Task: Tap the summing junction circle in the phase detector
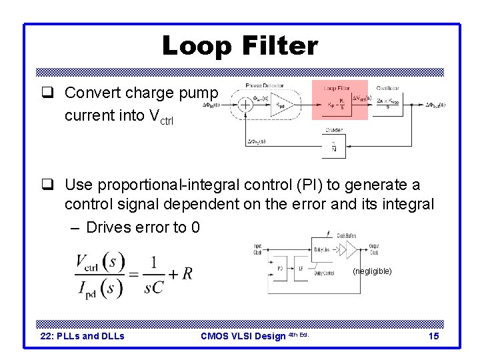tap(245, 105)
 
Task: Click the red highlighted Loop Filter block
tap(339, 100)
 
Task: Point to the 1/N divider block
tap(334, 148)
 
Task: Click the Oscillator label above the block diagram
tap(388, 87)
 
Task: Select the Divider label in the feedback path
tap(334, 131)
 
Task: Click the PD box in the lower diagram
tap(280, 269)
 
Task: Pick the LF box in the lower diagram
tap(301, 269)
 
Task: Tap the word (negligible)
tap(373, 271)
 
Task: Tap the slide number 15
tap(433, 337)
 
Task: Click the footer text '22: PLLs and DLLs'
tap(83, 337)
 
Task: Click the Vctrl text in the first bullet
tap(160, 117)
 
